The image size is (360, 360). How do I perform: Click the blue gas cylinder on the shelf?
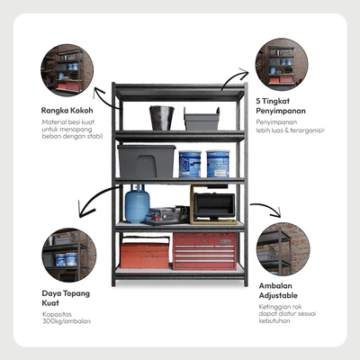[x=137, y=204]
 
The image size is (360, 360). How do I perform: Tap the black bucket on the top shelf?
[x=162, y=118]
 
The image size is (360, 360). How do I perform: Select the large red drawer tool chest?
[x=204, y=251]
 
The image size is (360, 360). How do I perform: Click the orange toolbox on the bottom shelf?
[x=145, y=252]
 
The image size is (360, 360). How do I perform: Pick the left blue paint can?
[x=190, y=164]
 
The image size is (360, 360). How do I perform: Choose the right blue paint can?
[x=218, y=164]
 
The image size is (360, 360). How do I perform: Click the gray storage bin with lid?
[x=146, y=161]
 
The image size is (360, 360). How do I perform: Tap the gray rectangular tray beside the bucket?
[x=202, y=119]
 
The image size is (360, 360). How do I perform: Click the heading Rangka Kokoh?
[x=67, y=111]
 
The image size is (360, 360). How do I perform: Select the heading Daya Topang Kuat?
[x=66, y=298]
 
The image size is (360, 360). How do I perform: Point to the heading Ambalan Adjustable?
[x=278, y=291]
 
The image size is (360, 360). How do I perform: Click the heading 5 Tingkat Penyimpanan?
[x=281, y=106]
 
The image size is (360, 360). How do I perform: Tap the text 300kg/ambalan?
[x=67, y=321]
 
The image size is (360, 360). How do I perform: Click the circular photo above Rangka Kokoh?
[x=67, y=70]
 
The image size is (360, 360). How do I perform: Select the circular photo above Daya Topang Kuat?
[x=69, y=255]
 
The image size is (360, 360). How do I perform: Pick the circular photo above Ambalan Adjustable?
[x=283, y=249]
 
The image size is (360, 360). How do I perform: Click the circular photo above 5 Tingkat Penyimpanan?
[x=282, y=65]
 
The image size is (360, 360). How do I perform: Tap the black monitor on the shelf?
[x=214, y=205]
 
